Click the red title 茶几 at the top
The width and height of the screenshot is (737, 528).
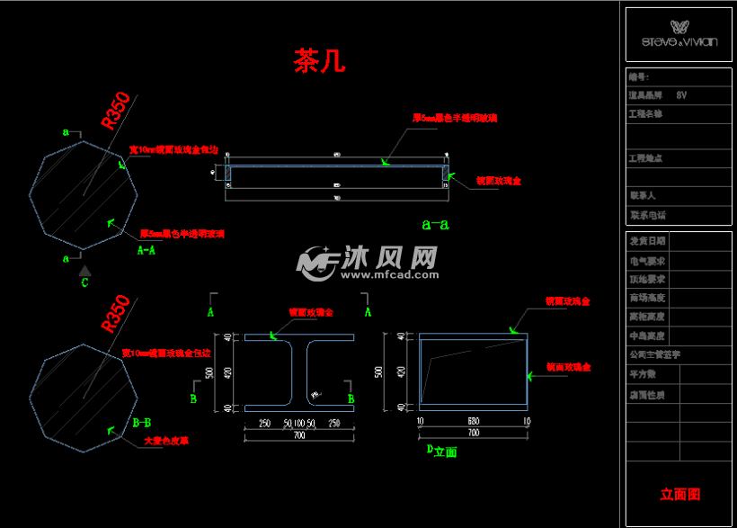[319, 61]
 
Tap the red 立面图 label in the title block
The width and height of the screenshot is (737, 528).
[680, 494]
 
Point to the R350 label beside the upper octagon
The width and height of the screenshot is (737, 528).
[117, 110]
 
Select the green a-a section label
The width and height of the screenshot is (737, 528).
[434, 223]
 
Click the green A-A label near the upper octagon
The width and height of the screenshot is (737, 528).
[147, 252]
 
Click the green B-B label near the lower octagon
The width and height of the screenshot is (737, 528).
[141, 421]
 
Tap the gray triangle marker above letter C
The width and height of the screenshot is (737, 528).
[84, 270]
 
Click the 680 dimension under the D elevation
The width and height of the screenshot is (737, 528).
[473, 420]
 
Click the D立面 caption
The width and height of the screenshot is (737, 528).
[441, 452]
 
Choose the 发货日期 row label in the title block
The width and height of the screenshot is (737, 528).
[647, 241]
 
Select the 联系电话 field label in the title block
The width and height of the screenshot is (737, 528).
[647, 215]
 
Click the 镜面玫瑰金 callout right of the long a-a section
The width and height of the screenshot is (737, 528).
[498, 181]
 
